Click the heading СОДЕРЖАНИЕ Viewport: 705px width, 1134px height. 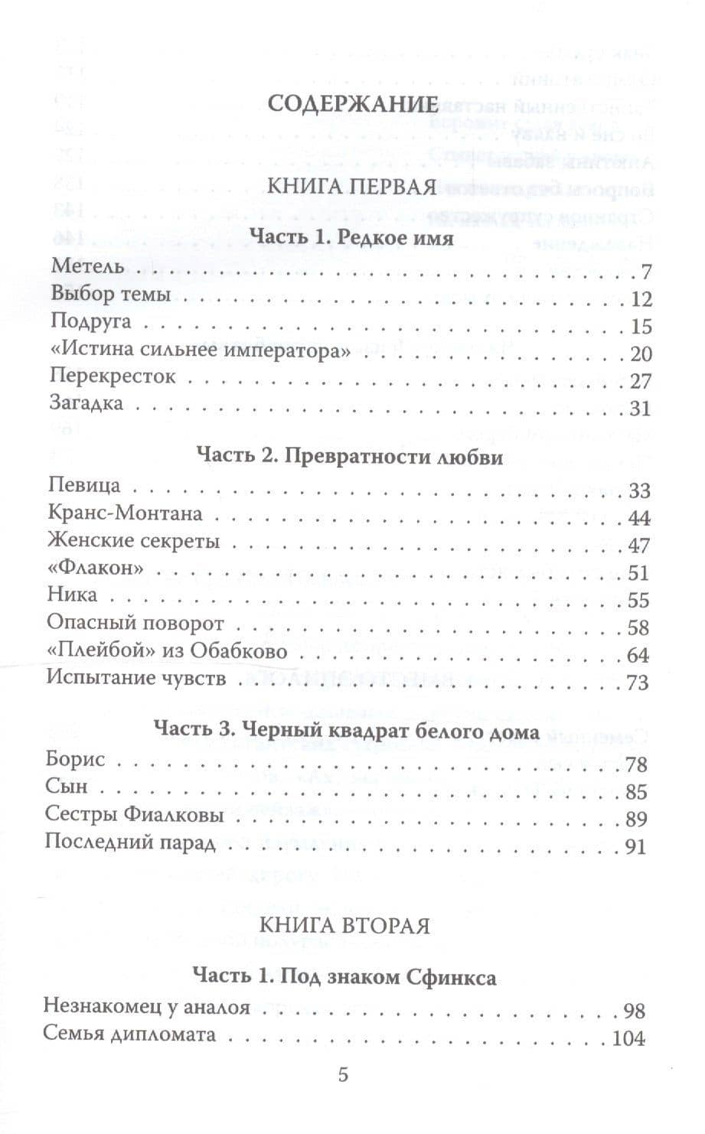[352, 105]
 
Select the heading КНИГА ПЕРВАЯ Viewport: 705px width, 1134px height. [351, 186]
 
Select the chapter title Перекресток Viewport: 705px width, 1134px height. [113, 377]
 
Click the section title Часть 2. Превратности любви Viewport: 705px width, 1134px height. [350, 457]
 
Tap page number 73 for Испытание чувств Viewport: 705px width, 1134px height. [637, 683]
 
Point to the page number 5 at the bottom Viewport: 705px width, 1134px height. [343, 1074]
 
